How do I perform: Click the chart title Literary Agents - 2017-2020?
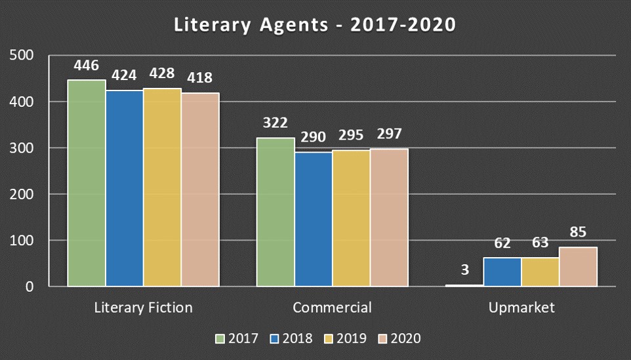pyautogui.click(x=315, y=25)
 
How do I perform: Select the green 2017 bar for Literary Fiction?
pyautogui.click(x=87, y=184)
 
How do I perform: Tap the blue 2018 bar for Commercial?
pyautogui.click(x=313, y=220)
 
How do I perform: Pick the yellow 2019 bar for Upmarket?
pyautogui.click(x=540, y=272)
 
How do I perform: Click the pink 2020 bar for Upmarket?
pyautogui.click(x=578, y=267)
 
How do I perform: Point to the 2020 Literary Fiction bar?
pyautogui.click(x=200, y=190)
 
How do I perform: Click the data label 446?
pyautogui.click(x=87, y=66)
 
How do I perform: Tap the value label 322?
pyautogui.click(x=275, y=123)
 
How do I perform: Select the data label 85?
pyautogui.click(x=578, y=232)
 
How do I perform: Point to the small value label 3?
pyautogui.click(x=464, y=269)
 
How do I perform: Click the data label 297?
pyautogui.click(x=388, y=134)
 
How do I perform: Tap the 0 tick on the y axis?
pyautogui.click(x=29, y=287)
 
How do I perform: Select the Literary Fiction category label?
pyautogui.click(x=143, y=308)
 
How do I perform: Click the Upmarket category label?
pyautogui.click(x=521, y=308)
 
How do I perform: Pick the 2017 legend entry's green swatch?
pyautogui.click(x=220, y=339)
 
